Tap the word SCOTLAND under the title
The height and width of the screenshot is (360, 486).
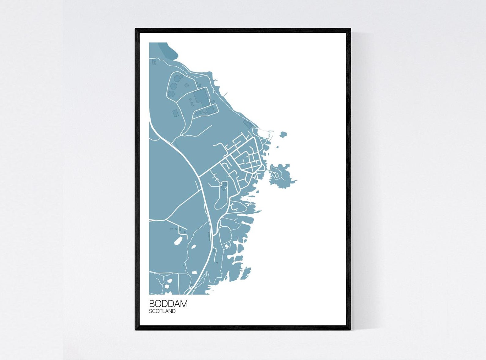(162, 311)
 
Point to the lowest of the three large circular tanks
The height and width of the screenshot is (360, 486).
(171, 93)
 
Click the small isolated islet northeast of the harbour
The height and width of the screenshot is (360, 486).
(283, 134)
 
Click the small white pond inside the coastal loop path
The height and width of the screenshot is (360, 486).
(227, 245)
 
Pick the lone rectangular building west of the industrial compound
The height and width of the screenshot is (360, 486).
(175, 113)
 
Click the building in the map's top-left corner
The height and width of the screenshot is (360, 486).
(154, 62)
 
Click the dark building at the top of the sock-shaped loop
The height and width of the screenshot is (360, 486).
(224, 185)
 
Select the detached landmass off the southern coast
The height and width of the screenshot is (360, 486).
(245, 274)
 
